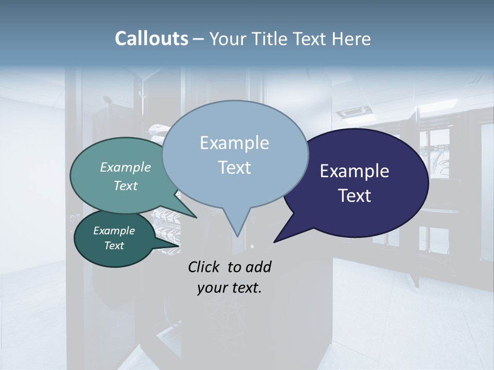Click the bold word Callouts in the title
point(151,39)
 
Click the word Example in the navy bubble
point(355,171)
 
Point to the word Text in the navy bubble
point(355,196)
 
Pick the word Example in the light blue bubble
point(234,143)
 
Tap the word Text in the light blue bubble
point(234,168)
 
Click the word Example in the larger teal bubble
point(126,167)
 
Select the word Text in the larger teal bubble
point(126,186)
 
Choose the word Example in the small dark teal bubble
point(114,231)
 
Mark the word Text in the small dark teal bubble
point(114,246)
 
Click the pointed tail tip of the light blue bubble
point(237,236)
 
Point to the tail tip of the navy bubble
point(274,242)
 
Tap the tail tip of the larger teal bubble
point(197,217)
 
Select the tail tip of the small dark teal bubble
point(180,246)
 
